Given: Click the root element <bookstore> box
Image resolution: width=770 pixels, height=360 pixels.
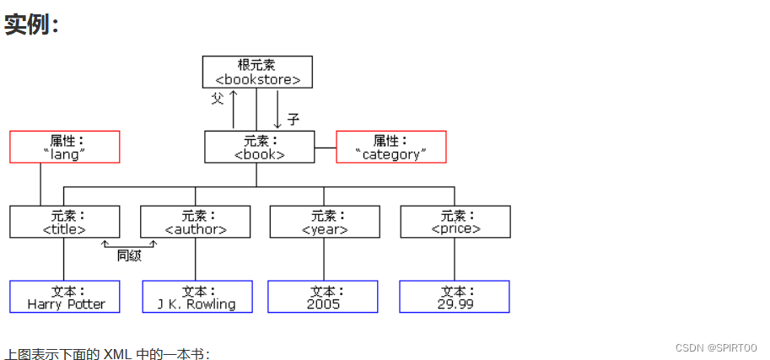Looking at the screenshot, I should tap(257, 72).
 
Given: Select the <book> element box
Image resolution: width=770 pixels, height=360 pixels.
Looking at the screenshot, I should tap(259, 147).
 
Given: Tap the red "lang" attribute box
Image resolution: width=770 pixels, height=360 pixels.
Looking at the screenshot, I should tap(65, 147).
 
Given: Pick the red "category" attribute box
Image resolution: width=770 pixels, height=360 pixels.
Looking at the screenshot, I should tap(390, 147).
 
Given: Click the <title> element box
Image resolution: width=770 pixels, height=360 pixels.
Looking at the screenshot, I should tap(65, 221).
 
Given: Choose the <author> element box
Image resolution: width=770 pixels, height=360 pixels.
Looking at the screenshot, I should tap(195, 221).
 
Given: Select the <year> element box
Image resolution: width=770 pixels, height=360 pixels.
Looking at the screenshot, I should tap(325, 221).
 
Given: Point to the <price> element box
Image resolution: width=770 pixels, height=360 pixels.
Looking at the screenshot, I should tap(455, 221).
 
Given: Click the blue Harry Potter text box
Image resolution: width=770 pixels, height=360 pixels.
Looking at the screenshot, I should tap(65, 296).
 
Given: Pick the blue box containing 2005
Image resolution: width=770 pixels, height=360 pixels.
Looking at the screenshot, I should tap(323, 296).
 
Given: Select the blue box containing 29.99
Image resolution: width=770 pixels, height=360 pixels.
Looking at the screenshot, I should tap(455, 296).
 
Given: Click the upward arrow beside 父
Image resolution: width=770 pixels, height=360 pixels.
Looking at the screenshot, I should tap(234, 108).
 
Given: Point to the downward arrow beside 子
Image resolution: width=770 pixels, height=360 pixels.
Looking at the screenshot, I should tap(277, 108).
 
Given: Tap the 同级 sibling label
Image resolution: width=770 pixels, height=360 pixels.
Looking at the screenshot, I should tap(129, 255).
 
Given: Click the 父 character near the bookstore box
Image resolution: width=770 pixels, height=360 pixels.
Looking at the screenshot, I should tap(218, 99).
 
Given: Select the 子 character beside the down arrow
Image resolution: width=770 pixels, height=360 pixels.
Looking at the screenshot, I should tap(293, 119).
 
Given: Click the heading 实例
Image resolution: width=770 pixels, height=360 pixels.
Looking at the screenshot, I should tap(31, 24).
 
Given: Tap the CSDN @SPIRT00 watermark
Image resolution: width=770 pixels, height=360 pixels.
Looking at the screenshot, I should tap(716, 347).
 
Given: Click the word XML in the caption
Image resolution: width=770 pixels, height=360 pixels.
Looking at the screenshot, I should tap(116, 353).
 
